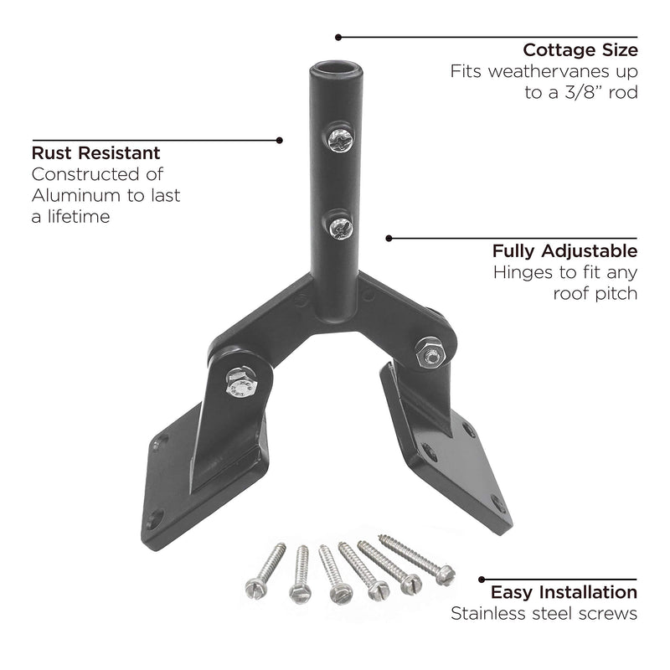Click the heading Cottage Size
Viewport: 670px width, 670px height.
click(x=580, y=50)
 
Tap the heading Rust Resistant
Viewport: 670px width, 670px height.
click(x=95, y=153)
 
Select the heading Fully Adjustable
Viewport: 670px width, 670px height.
click(x=564, y=250)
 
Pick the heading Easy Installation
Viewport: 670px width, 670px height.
click(x=564, y=592)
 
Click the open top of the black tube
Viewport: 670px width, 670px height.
click(x=336, y=69)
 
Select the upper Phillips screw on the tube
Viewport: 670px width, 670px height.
click(x=340, y=139)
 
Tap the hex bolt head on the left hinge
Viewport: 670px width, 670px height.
click(x=241, y=382)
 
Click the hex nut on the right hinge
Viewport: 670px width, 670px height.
click(x=430, y=353)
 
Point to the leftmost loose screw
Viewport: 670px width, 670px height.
click(x=265, y=571)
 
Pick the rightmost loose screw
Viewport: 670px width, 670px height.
click(x=416, y=559)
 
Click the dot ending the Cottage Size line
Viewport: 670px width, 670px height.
click(x=338, y=37)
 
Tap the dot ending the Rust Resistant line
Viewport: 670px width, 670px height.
click(x=280, y=140)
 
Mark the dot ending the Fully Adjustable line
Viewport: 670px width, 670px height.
click(x=389, y=238)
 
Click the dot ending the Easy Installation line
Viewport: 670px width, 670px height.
click(x=482, y=580)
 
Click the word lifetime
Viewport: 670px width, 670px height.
click(x=79, y=217)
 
